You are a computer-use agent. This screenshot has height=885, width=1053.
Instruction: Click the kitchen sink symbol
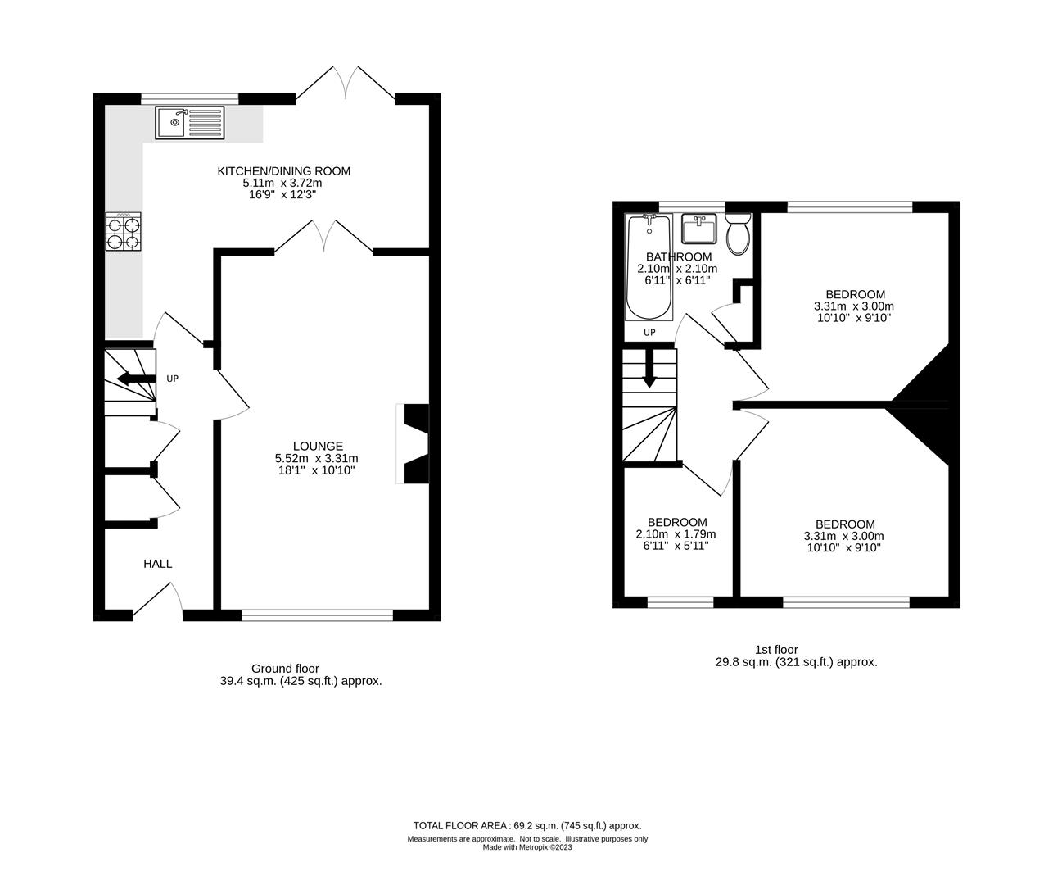tap(188, 123)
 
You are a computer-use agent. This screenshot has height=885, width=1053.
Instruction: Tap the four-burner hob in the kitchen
tap(123, 230)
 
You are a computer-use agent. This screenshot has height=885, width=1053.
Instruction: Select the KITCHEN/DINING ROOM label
tap(283, 171)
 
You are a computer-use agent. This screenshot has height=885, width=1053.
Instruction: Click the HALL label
tap(158, 564)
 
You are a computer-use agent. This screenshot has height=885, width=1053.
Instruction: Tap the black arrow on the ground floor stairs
tap(136, 379)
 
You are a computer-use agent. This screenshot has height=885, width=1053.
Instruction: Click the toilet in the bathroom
tap(738, 233)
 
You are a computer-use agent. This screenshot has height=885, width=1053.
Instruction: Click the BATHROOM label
tap(678, 256)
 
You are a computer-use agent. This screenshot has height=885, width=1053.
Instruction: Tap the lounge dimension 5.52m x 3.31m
tap(317, 459)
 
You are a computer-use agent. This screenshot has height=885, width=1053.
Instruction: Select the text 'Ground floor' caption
tap(285, 669)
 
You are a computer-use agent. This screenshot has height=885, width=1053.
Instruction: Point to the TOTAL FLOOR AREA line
tap(527, 826)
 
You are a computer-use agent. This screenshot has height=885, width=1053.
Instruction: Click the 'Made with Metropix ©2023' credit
tap(527, 848)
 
